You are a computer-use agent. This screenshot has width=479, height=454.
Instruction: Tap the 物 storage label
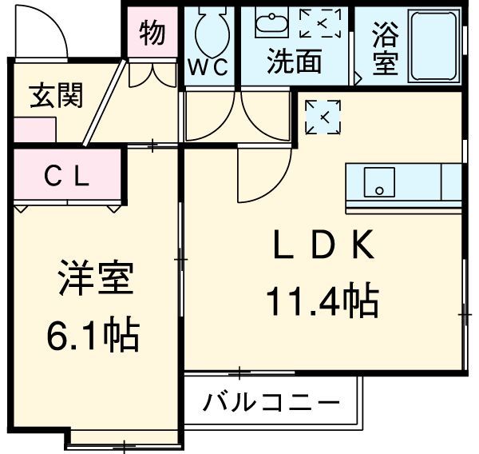[152, 34]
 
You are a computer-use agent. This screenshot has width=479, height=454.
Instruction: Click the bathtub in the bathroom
[435, 46]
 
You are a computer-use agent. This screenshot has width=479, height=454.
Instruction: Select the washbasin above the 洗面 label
[272, 24]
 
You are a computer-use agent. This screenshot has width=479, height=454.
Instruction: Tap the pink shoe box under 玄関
[34, 130]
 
